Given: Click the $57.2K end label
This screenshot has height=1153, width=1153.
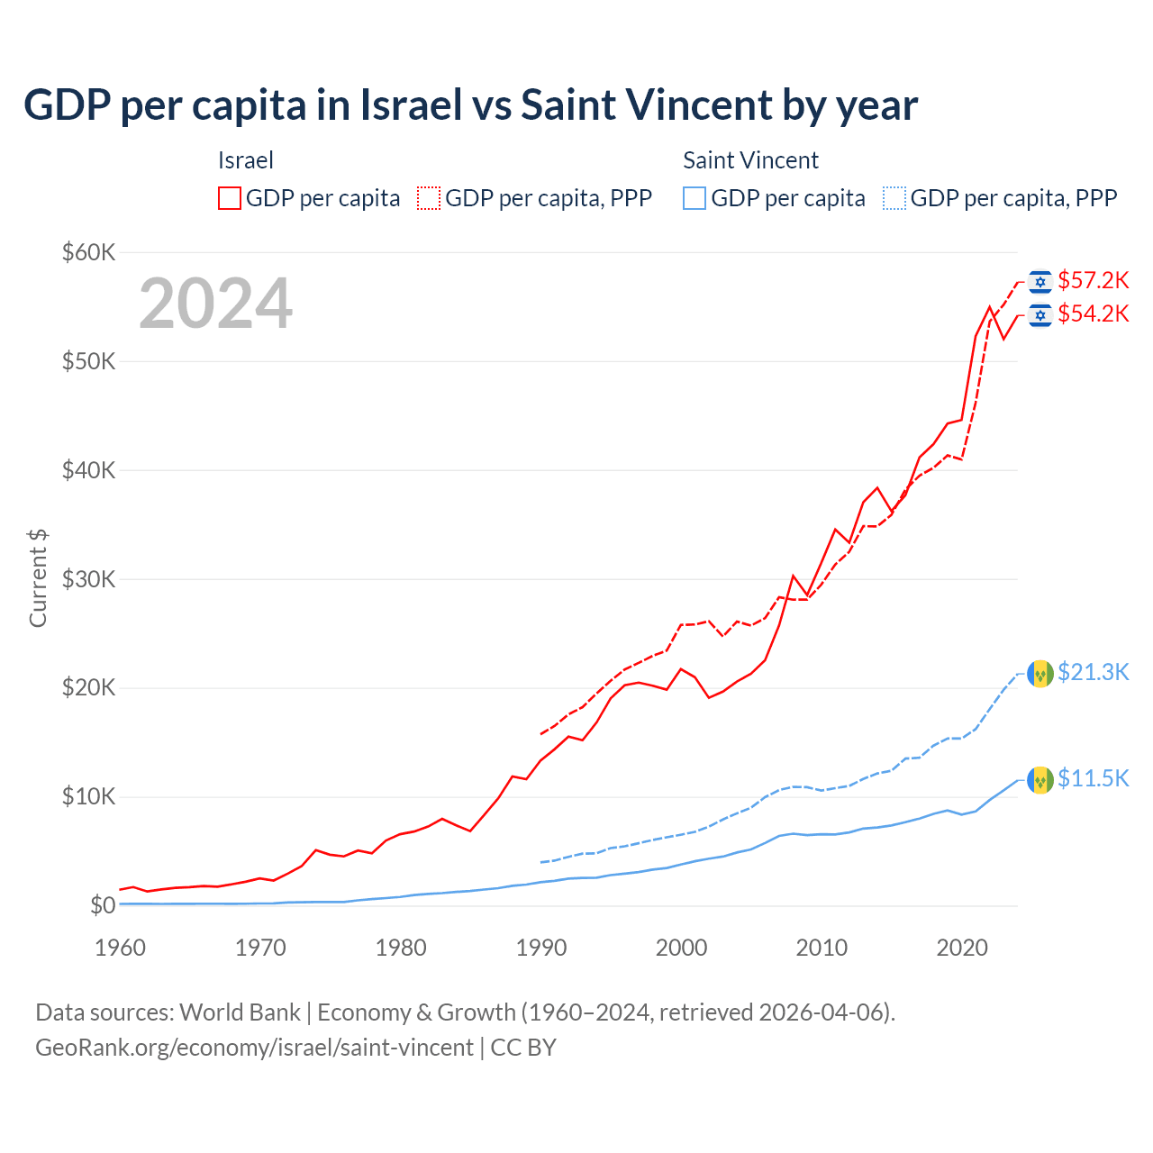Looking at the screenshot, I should [1093, 281].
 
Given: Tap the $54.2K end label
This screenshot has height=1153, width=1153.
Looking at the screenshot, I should [1093, 314].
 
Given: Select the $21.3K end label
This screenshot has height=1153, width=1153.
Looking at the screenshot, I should [1093, 673].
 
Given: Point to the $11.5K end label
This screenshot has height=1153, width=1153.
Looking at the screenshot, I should [1093, 779].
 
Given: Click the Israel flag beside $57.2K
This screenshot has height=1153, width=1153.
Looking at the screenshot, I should [1040, 282].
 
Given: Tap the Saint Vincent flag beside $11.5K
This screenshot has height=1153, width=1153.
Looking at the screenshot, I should [1040, 779].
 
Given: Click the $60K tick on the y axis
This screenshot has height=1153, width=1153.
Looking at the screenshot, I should [88, 252].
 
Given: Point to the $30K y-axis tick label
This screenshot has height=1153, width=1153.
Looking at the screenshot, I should [88, 579].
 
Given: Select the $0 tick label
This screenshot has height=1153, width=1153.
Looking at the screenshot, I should [103, 905].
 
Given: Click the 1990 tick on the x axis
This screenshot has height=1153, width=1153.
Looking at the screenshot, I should [541, 948].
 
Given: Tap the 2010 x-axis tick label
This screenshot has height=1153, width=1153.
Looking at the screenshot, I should [822, 948].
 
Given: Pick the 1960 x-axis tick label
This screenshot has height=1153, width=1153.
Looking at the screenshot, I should [121, 948].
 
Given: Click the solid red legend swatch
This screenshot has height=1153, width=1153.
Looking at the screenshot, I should [230, 198].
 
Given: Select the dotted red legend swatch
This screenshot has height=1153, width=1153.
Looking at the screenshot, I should [429, 198].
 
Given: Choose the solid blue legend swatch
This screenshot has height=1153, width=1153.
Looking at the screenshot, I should [695, 198].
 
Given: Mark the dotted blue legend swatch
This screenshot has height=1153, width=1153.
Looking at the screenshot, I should [894, 198].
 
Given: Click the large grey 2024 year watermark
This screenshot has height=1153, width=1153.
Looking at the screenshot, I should [215, 304].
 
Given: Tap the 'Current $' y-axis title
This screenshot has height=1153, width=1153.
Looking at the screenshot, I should [38, 578].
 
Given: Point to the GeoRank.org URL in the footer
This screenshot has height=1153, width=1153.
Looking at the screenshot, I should [254, 1048].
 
